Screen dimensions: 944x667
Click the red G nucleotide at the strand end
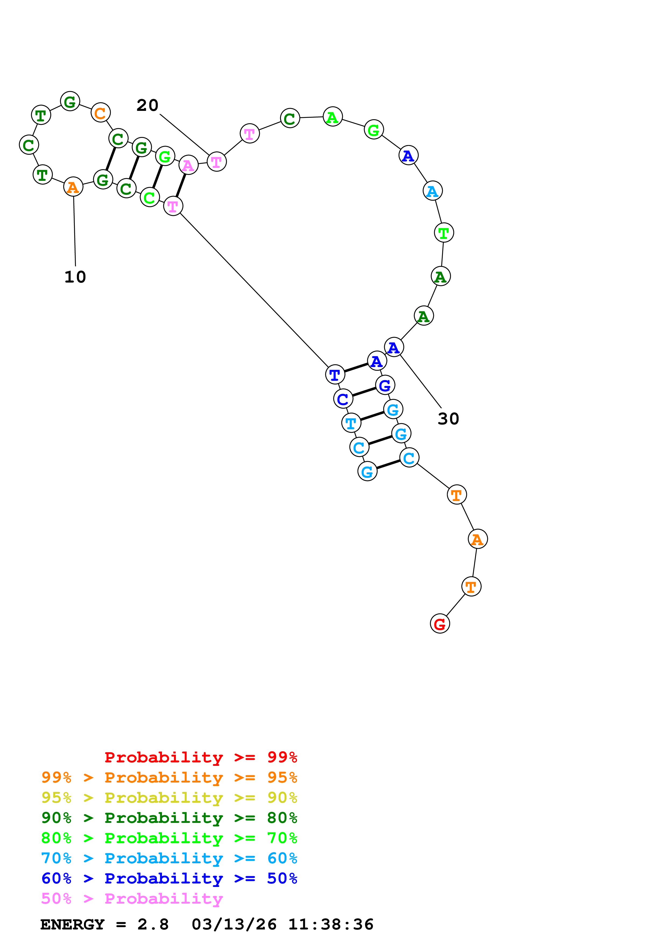click(x=440, y=624)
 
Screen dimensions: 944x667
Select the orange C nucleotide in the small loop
click(x=100, y=113)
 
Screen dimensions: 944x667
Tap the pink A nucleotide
click(x=188, y=165)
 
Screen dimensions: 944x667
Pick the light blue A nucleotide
click(x=432, y=191)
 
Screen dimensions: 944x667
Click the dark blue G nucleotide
click(x=385, y=385)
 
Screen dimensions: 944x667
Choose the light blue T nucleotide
click(x=351, y=423)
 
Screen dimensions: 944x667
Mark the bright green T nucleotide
click(x=444, y=233)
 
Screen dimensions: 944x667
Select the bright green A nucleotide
click(x=333, y=117)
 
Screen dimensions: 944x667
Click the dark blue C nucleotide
click(x=343, y=399)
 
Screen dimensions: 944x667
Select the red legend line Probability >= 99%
click(x=200, y=757)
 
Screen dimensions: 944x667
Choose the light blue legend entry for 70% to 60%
click(x=169, y=858)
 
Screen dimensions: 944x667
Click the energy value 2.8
click(x=153, y=925)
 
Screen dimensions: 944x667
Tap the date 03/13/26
click(x=234, y=925)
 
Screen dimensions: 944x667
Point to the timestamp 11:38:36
click(x=331, y=925)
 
